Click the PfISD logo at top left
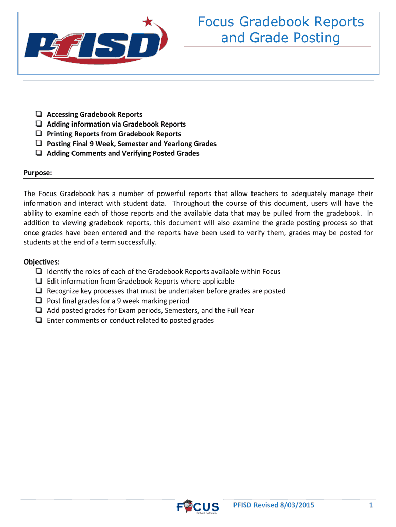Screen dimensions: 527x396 [x=93, y=45]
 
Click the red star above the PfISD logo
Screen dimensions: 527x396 [x=149, y=22]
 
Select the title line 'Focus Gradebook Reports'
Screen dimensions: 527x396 [x=281, y=22]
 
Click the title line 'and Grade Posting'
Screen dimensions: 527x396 [x=281, y=38]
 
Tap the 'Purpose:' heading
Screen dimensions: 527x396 [x=38, y=173]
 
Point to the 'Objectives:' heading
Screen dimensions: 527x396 [x=42, y=261]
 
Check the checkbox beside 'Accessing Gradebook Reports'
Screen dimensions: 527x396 [x=39, y=114]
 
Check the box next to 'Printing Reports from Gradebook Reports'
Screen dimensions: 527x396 [x=39, y=134]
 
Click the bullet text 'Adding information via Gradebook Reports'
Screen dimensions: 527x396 [x=116, y=124]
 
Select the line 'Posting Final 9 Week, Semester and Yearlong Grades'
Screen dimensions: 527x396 [x=132, y=144]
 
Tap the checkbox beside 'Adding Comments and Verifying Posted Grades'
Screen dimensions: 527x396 [x=39, y=153]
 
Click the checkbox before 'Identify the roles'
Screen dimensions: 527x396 [x=39, y=271]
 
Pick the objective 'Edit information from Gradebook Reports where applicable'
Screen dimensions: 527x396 [x=140, y=281]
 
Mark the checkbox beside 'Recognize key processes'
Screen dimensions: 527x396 [x=39, y=291]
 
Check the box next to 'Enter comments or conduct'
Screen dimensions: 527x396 [x=39, y=320]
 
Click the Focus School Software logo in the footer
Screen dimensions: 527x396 [x=198, y=507]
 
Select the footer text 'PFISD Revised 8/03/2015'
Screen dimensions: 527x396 [x=274, y=505]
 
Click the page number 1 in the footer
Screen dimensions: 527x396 [x=370, y=505]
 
